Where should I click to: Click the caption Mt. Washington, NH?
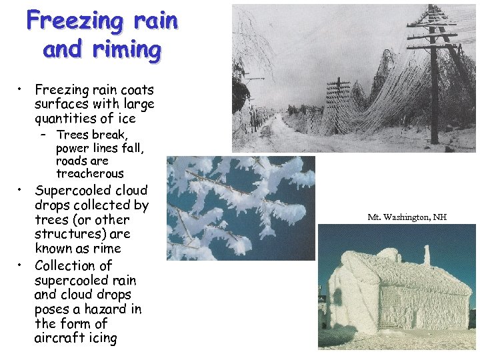pyautogui.click(x=407, y=217)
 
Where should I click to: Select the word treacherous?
pyautogui.click(x=90, y=173)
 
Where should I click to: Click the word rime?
pyautogui.click(x=107, y=249)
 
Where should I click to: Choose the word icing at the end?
pyautogui.click(x=104, y=338)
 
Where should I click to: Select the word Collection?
pyautogui.click(x=64, y=265)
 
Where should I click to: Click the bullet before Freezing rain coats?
pyautogui.click(x=21, y=89)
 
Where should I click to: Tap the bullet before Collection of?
pyautogui.click(x=21, y=265)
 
